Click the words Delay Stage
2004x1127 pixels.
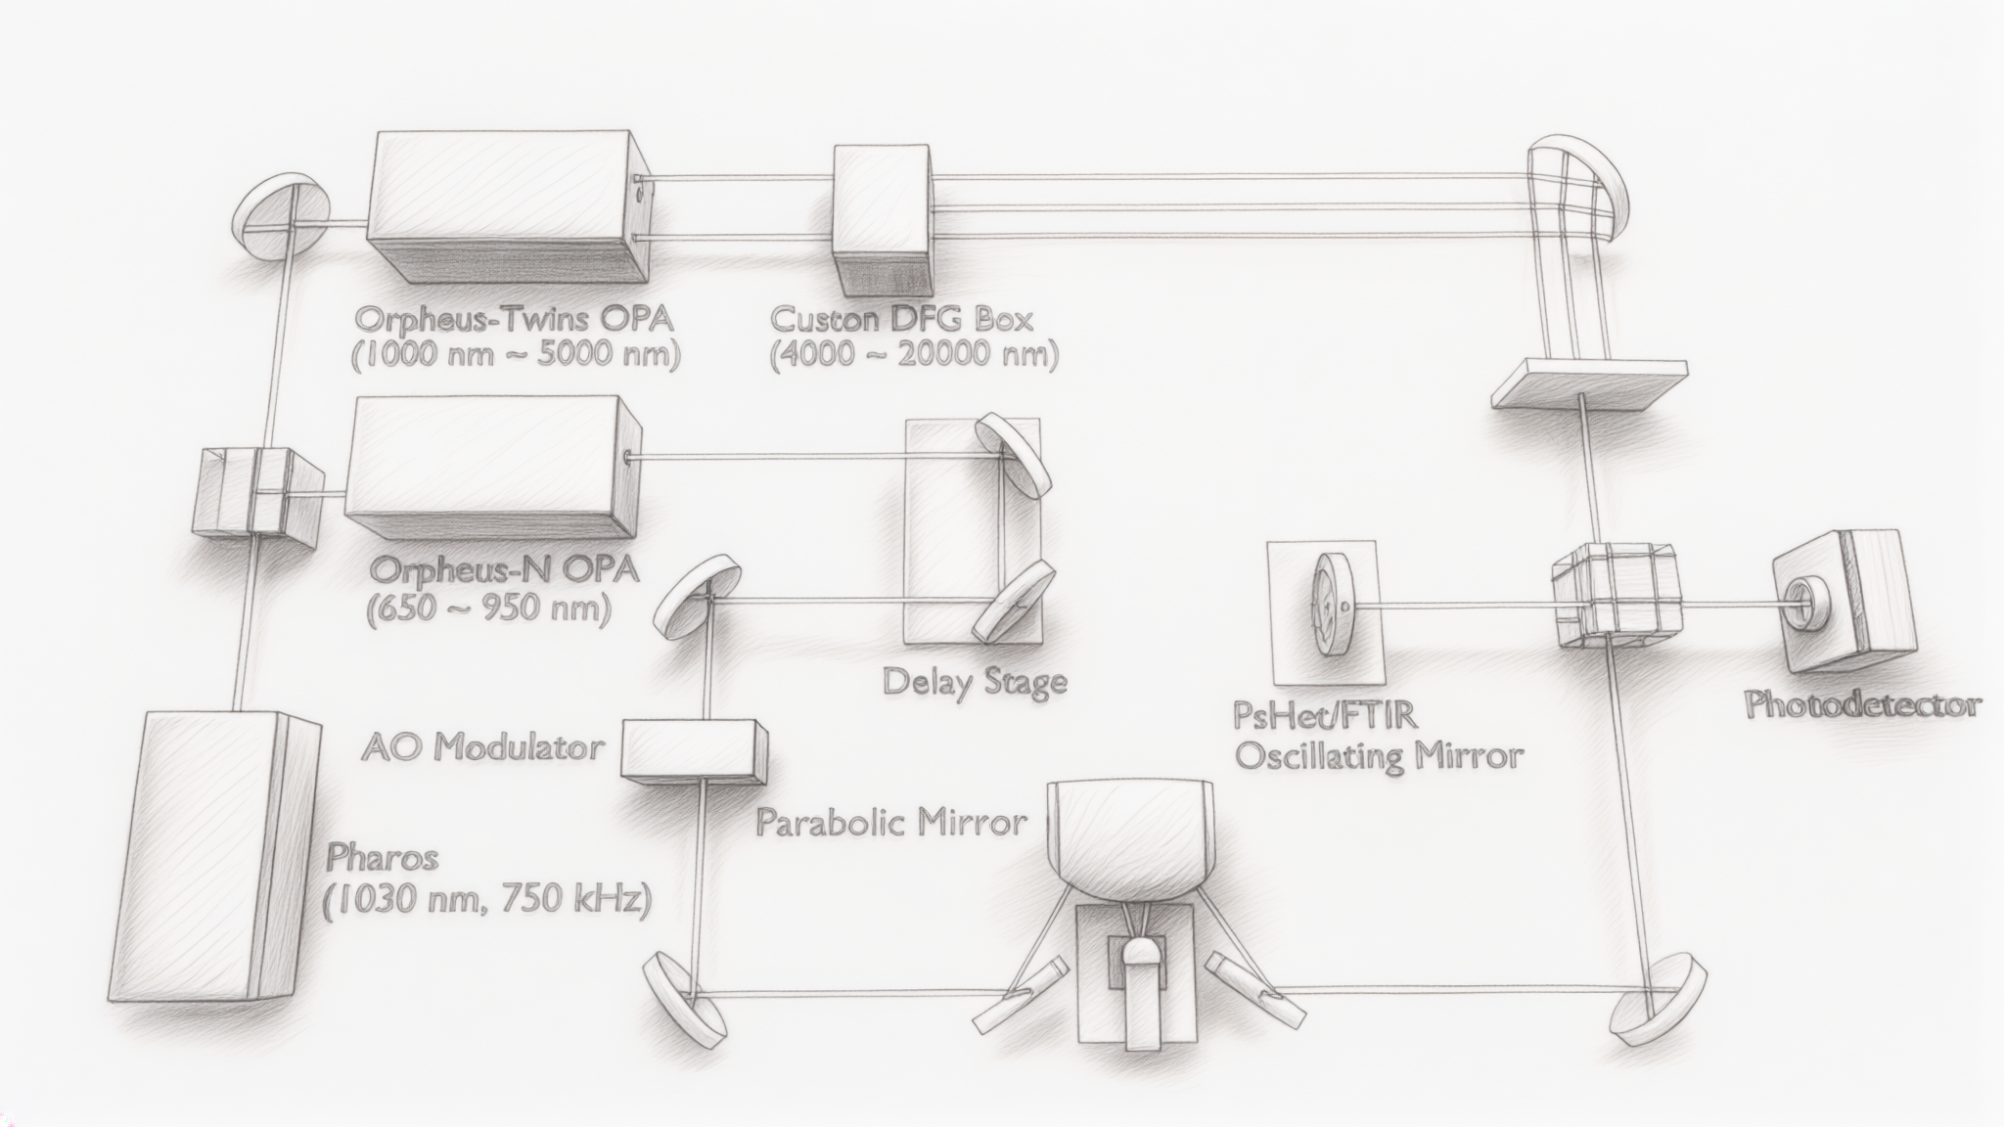point(974,681)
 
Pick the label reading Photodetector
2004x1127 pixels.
point(1863,705)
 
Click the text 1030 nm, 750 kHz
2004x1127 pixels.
point(486,899)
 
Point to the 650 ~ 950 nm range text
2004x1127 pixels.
point(488,610)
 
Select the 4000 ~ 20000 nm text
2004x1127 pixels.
point(915,354)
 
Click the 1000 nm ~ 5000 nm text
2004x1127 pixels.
point(516,354)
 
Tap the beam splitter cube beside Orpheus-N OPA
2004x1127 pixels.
point(258,491)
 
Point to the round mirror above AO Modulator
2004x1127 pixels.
point(699,596)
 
